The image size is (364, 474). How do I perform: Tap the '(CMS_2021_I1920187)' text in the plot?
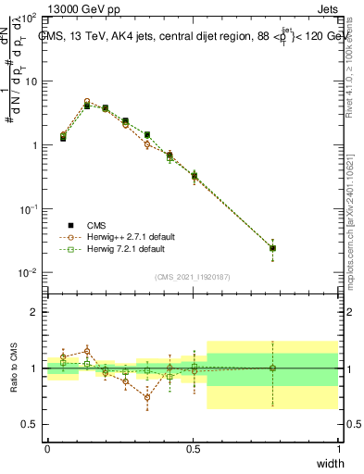point(193,276)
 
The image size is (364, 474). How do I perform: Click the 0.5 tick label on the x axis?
point(193,448)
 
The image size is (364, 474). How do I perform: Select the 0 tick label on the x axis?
point(47,448)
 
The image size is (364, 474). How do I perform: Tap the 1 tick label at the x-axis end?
point(338,448)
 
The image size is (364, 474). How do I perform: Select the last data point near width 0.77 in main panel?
point(272,248)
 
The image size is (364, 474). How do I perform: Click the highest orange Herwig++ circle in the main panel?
point(87,102)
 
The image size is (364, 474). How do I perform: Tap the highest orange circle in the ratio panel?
point(87,351)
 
